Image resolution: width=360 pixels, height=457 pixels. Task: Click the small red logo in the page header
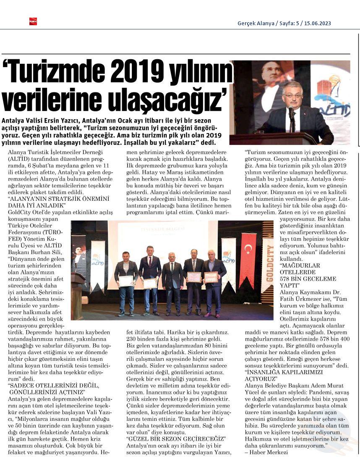[x=33, y=21]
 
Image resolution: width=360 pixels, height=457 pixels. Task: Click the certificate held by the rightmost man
[x=211, y=277]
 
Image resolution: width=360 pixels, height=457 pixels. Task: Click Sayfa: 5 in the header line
[x=290, y=24]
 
